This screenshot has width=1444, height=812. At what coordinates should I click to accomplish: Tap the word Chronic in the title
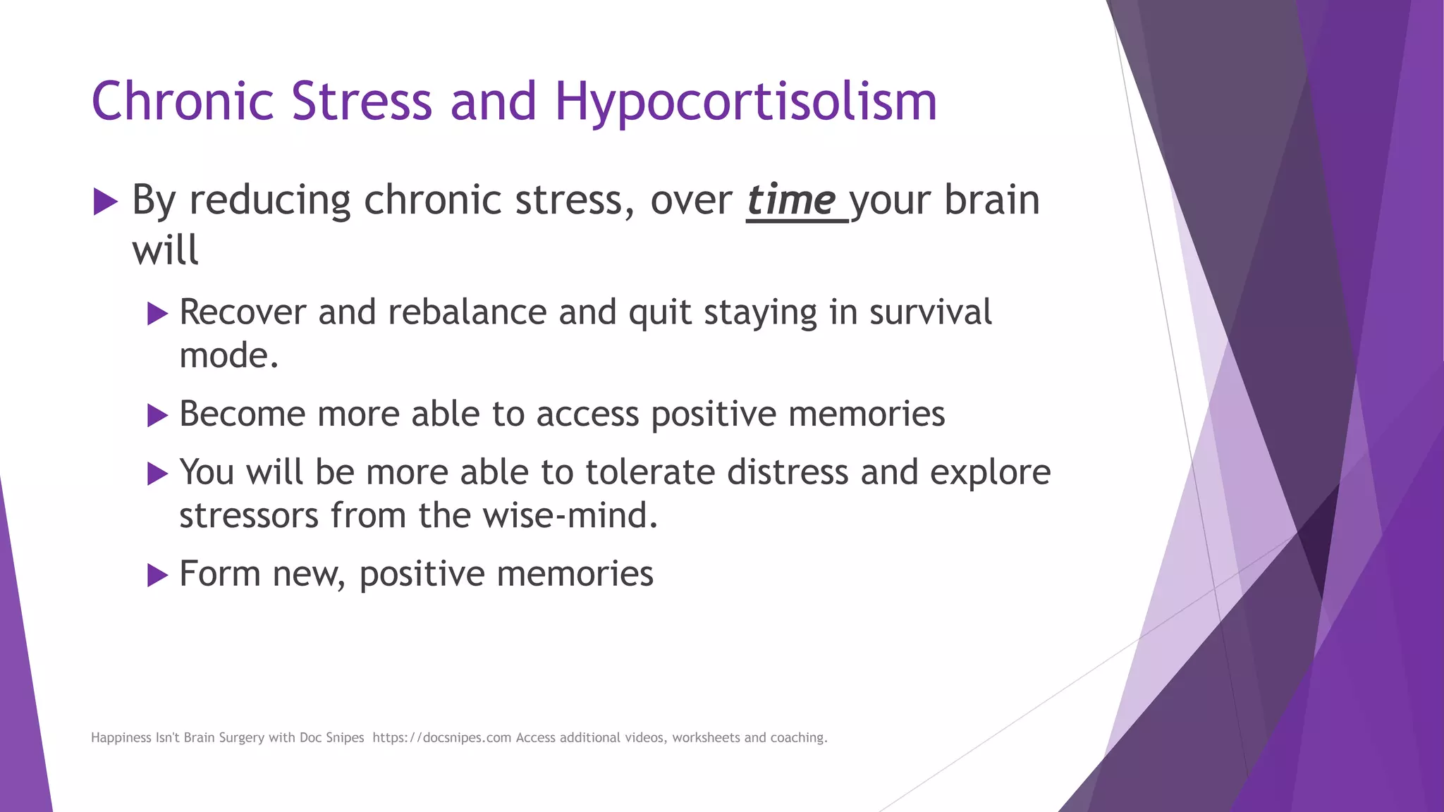coord(182,101)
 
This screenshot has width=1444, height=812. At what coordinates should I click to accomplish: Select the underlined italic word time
coord(791,201)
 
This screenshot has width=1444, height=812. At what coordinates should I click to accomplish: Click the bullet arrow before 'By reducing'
coord(105,202)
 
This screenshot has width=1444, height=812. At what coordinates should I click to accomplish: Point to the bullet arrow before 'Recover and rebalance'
coord(157,314)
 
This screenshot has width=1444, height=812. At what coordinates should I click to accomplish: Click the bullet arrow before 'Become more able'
coord(157,415)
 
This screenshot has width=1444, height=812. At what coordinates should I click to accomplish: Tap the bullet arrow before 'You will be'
coord(157,474)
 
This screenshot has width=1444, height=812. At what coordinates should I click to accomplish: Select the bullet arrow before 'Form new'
coord(157,575)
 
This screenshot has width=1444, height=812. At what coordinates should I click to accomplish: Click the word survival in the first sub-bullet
coord(930,312)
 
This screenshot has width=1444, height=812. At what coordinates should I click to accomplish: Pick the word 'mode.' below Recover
coord(228,356)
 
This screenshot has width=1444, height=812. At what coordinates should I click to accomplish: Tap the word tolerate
coord(649,472)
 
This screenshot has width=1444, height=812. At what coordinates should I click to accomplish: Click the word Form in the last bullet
coord(219,574)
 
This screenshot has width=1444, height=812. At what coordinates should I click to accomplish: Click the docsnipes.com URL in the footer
coord(441,738)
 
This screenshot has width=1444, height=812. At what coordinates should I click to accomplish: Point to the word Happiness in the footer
coord(121,738)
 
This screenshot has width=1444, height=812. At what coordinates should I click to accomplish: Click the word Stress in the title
coord(361,101)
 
